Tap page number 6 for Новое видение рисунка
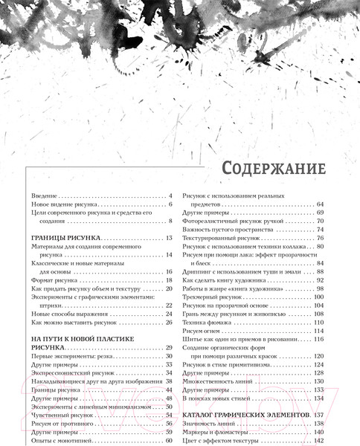coord(170,204)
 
